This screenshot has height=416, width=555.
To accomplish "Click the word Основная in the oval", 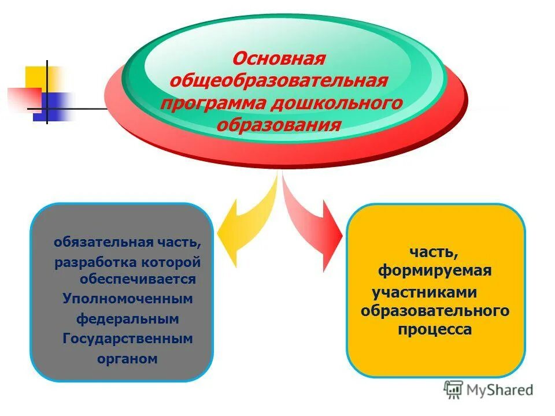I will click(x=279, y=59).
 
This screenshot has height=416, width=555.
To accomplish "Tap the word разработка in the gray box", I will click(x=95, y=262).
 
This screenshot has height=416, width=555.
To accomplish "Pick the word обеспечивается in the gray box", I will click(x=138, y=279).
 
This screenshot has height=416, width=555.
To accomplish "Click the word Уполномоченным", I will click(x=127, y=299).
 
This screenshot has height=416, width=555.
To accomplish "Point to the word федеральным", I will click(x=127, y=318).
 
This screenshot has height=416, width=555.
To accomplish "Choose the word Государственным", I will click(x=127, y=339).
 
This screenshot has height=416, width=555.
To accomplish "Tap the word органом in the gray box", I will click(x=127, y=359).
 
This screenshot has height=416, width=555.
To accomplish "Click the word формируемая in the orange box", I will click(x=435, y=271).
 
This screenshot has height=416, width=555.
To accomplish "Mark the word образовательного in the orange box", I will click(x=435, y=311).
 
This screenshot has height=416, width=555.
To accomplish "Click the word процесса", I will click(x=435, y=330).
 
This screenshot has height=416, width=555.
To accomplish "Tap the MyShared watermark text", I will click(x=501, y=390).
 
